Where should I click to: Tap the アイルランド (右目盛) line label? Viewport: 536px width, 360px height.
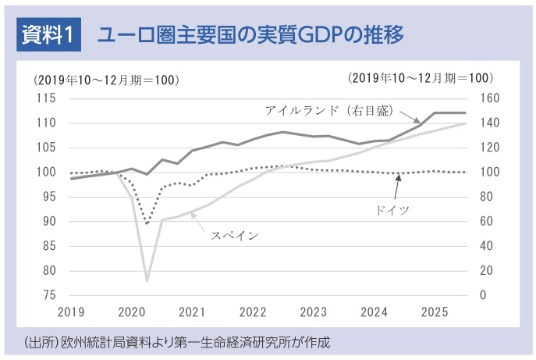[332, 109]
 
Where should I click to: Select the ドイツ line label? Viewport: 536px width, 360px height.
[390, 210]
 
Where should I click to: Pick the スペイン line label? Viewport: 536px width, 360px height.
[235, 233]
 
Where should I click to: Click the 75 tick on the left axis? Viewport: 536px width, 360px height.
[48, 295]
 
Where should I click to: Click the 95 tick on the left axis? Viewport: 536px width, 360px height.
[48, 197]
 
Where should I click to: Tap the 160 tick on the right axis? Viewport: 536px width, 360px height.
[477, 98]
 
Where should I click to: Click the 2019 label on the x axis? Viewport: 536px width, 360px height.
[71, 312]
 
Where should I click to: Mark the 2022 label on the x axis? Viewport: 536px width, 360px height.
[253, 312]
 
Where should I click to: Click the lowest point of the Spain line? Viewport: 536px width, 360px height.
[147, 280]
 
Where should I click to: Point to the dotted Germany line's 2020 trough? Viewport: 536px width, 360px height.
[147, 223]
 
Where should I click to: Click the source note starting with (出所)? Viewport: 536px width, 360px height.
[177, 342]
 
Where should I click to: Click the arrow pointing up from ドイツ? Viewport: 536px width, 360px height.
[398, 187]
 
